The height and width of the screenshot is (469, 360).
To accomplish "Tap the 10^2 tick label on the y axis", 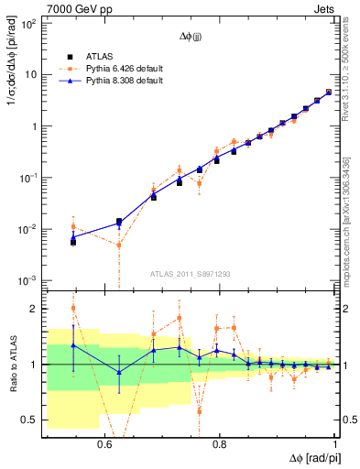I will (27, 24).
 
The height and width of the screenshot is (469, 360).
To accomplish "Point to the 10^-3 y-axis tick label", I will (27, 280).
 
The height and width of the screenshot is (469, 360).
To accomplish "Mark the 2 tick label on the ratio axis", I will (33, 309).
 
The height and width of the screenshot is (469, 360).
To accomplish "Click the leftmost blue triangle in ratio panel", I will (73, 345).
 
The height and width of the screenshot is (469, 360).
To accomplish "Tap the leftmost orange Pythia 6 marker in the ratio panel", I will (73, 308).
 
